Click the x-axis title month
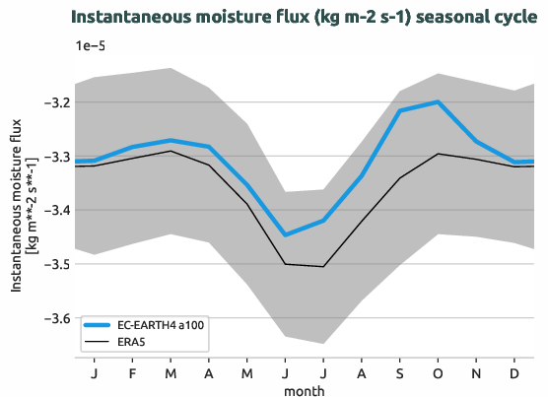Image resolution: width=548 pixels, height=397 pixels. [305, 390]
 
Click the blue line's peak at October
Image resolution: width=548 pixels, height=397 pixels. [438, 101]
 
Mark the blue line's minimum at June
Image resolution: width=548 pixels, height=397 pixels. [286, 234]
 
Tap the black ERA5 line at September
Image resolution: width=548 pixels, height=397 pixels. [400, 178]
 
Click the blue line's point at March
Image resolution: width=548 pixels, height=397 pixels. [171, 140]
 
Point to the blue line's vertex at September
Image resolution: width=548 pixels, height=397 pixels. [400, 111]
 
